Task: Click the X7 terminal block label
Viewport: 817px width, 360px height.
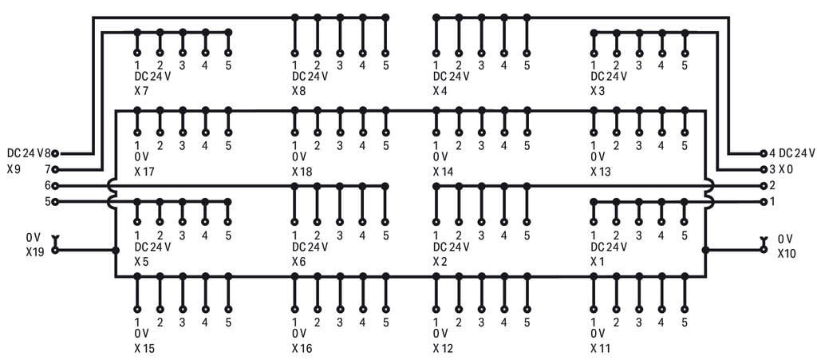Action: (141, 91)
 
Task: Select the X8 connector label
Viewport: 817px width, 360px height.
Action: (299, 91)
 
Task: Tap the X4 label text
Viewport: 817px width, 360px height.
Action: (440, 91)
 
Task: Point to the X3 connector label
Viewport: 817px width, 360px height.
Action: (598, 91)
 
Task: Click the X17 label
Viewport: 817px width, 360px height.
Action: (144, 172)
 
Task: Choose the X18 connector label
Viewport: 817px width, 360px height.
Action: (302, 172)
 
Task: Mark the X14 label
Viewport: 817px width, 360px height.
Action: (443, 172)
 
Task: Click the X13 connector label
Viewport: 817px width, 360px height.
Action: (601, 172)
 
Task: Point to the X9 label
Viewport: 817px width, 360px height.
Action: (14, 169)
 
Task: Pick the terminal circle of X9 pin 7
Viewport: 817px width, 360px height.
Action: (55, 169)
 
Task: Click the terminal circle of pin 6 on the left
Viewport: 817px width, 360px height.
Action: (55, 185)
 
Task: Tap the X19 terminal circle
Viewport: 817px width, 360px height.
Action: (55, 250)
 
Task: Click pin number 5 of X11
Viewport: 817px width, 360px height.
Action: (684, 322)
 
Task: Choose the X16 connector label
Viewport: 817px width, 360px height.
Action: (302, 348)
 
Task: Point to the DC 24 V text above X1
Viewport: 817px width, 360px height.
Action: (609, 247)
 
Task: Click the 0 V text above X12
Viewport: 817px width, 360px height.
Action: (440, 333)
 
